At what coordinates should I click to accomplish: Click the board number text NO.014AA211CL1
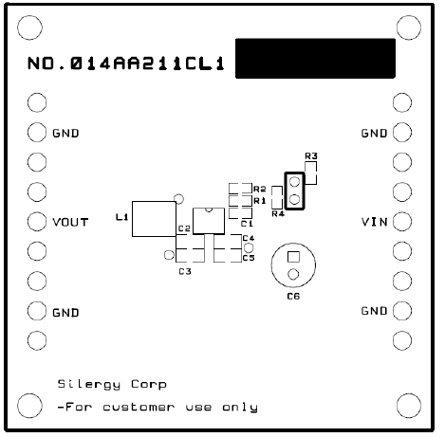tap(126, 65)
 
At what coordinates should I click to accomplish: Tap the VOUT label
tap(70, 222)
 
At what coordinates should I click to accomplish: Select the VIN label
tap(375, 222)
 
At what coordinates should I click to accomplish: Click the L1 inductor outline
tap(152, 218)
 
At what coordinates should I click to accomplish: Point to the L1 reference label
tap(121, 217)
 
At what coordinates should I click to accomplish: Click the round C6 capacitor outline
tap(293, 264)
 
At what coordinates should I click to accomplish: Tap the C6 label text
tap(293, 296)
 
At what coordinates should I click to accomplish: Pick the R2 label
tap(259, 190)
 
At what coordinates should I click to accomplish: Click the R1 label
tap(259, 201)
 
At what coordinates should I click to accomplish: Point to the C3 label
tap(185, 272)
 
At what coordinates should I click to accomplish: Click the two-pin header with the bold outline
tap(294, 190)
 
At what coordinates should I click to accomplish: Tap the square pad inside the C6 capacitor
tap(293, 256)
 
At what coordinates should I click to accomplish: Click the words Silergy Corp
tap(112, 384)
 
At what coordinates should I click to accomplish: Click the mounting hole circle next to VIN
tap(401, 222)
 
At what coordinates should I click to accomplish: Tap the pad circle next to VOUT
tap(37, 222)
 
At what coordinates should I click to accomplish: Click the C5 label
tap(249, 257)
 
